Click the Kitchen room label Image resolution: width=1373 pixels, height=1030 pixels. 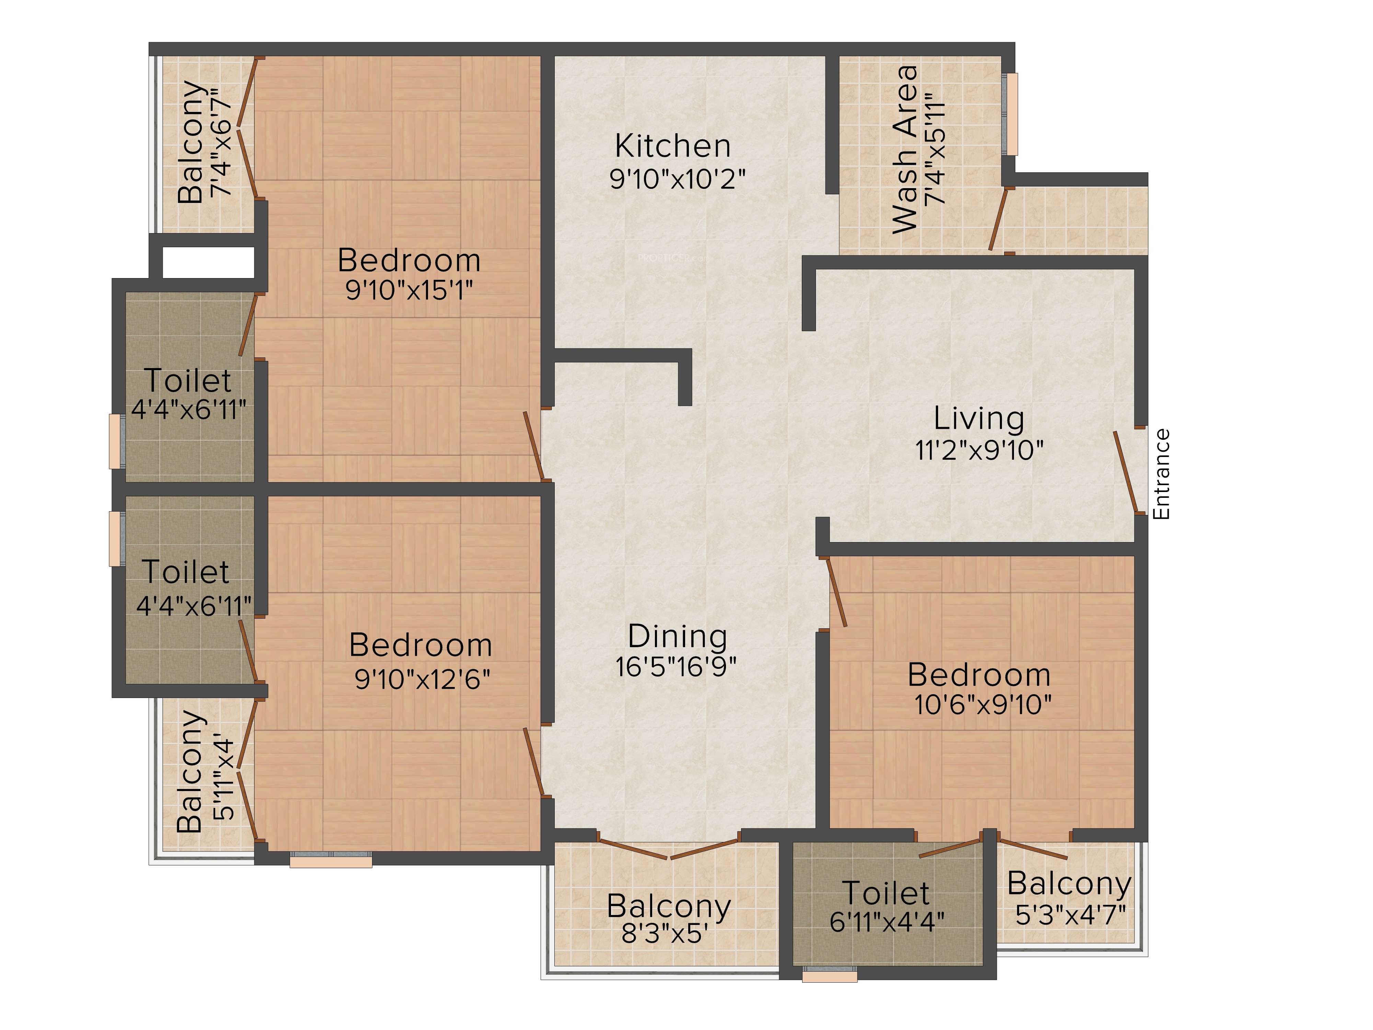coord(673,147)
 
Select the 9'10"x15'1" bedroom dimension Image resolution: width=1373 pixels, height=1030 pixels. coord(409,290)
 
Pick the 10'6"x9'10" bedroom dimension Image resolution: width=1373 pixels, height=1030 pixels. coord(983,705)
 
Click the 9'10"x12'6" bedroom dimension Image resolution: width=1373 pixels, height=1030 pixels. coord(422,679)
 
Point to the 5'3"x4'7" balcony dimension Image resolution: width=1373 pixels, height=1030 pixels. coord(1071,915)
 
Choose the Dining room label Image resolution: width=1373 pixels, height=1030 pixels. coord(678,637)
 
